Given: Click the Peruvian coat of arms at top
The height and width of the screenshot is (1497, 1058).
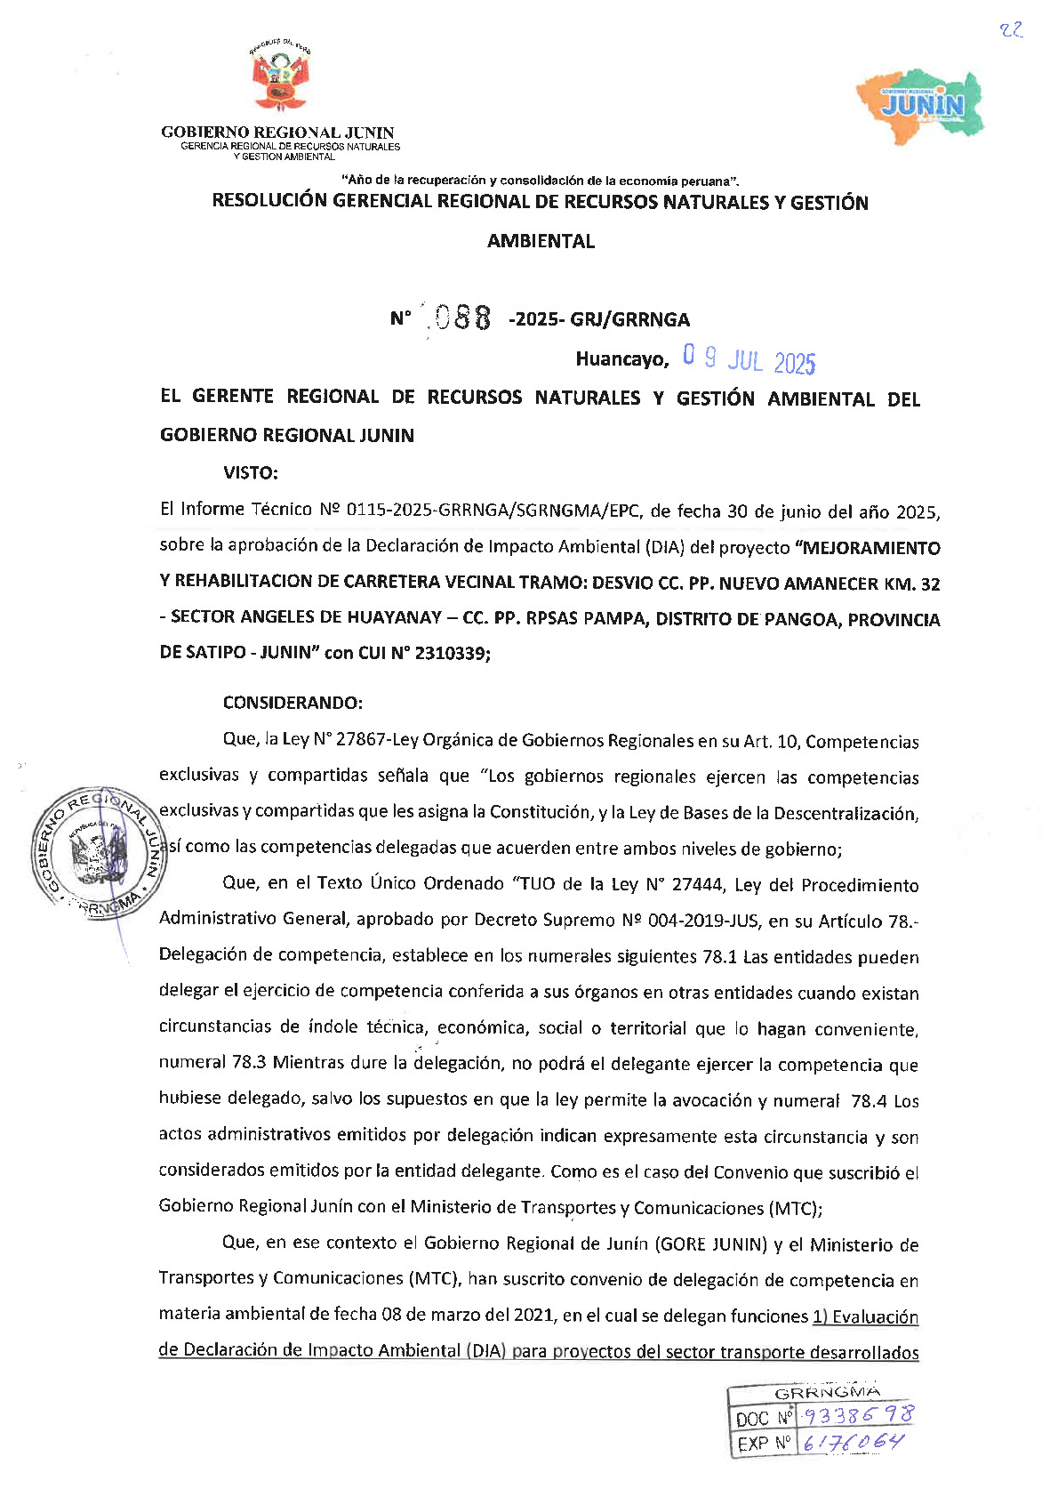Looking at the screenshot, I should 279,79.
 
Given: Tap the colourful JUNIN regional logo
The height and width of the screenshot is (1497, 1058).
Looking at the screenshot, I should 921,103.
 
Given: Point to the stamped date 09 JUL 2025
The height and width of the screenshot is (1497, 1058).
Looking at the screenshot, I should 749,360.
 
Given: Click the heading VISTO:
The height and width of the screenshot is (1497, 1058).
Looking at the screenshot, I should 251,472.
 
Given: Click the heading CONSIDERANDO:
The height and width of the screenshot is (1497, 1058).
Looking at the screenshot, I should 293,703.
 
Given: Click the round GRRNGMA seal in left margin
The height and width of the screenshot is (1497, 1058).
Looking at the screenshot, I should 98,849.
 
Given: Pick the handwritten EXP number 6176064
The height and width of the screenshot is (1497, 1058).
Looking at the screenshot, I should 852,1442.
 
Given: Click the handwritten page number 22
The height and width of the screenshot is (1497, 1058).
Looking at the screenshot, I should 1011,30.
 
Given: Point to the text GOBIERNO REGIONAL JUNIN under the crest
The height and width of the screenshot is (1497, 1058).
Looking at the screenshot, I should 277,133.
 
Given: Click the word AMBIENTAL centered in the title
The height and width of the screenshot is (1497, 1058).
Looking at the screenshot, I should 541,241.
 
